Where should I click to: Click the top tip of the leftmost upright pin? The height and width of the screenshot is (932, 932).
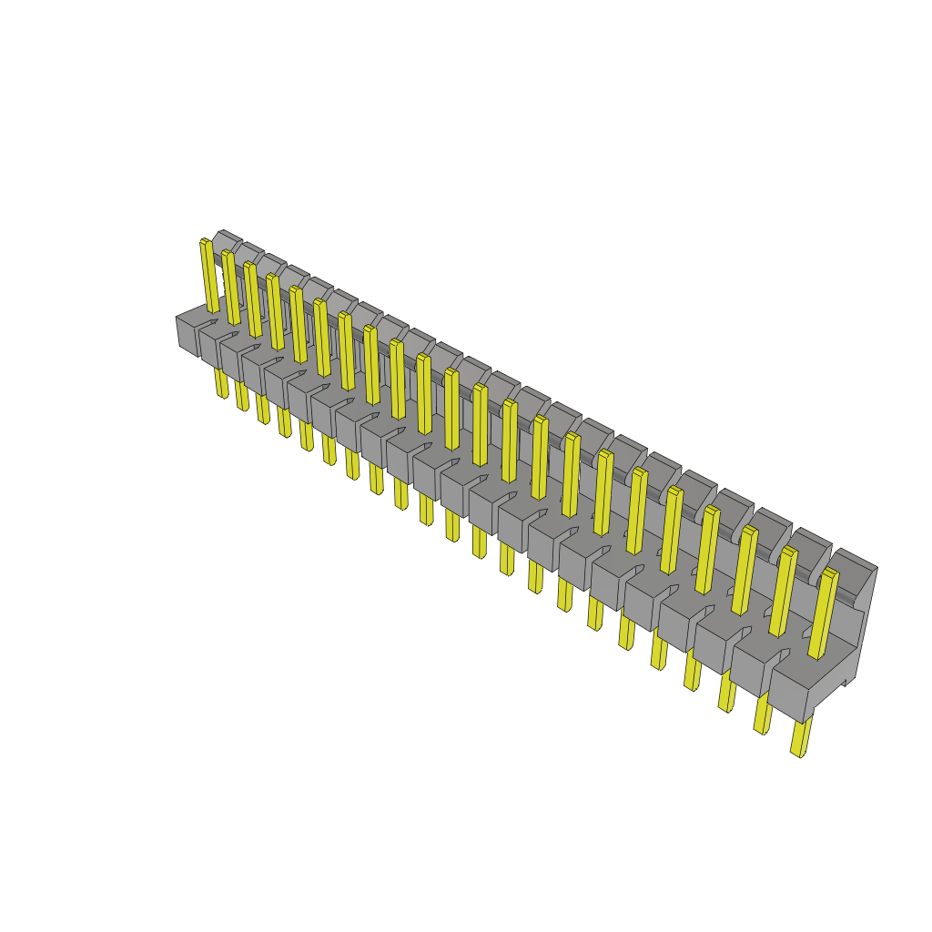(x=205, y=242)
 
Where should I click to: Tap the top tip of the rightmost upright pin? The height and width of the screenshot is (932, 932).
(x=829, y=572)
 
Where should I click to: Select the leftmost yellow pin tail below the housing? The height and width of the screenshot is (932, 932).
(x=221, y=382)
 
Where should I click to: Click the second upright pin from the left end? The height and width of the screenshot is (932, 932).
(x=231, y=287)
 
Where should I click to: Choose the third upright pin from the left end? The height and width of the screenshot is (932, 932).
(x=253, y=300)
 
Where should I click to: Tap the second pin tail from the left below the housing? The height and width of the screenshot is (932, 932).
(x=242, y=395)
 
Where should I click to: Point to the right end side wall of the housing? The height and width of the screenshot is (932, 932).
(x=865, y=619)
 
